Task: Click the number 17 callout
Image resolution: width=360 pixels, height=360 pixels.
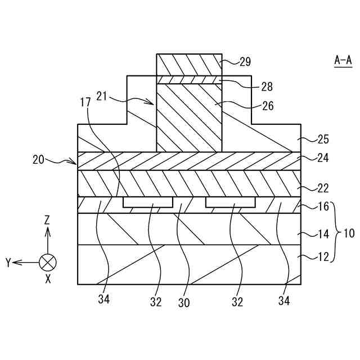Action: point(85,103)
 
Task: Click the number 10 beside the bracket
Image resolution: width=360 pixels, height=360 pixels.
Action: point(349,232)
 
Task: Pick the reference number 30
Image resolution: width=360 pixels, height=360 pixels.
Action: point(184,303)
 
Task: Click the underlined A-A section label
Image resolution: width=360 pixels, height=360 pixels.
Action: point(343,59)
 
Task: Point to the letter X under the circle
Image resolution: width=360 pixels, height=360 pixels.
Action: point(48,278)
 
